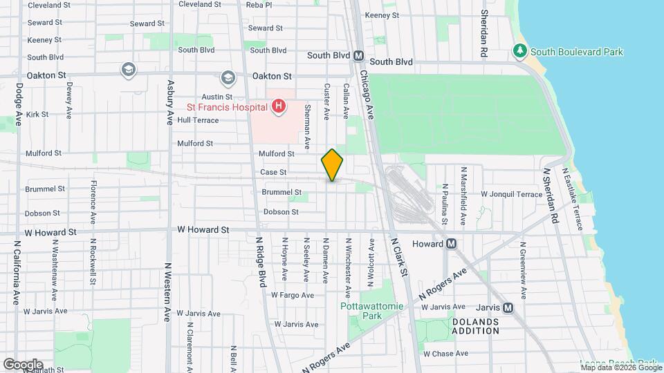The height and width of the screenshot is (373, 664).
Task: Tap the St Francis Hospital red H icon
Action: tap(278, 106)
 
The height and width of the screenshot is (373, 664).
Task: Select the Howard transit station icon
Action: tap(451, 244)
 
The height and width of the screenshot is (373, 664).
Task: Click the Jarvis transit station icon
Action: tap(508, 307)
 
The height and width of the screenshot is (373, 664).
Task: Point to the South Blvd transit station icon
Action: tap(358, 56)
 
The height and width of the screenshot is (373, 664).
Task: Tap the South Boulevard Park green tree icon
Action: tap(519, 51)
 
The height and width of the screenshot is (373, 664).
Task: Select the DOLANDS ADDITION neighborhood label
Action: tap(476, 326)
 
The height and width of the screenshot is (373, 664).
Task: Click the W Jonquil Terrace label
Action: tap(512, 195)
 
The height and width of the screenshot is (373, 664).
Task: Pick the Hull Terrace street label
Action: tap(198, 120)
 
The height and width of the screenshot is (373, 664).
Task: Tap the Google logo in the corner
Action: tap(22, 364)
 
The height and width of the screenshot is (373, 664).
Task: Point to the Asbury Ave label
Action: tap(169, 102)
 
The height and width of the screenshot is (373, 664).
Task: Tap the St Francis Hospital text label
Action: tap(227, 107)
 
